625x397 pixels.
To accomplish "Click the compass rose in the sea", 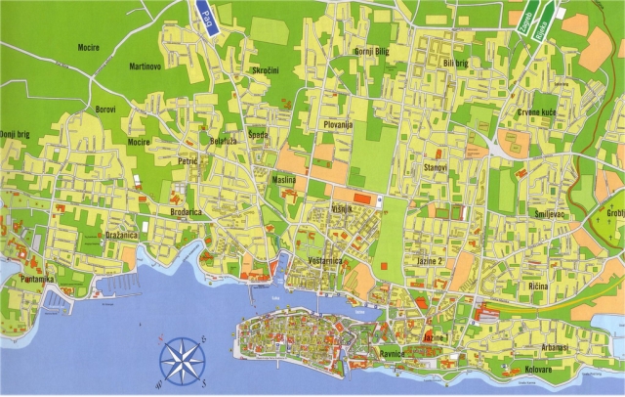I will pos(183,359).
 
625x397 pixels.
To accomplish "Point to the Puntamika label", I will pos(34,280).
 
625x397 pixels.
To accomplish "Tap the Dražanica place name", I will pos(121,236).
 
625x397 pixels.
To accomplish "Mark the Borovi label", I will pos(105,110).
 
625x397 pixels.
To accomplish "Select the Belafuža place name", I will pos(224,142).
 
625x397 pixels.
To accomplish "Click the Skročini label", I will pos(265,72).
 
